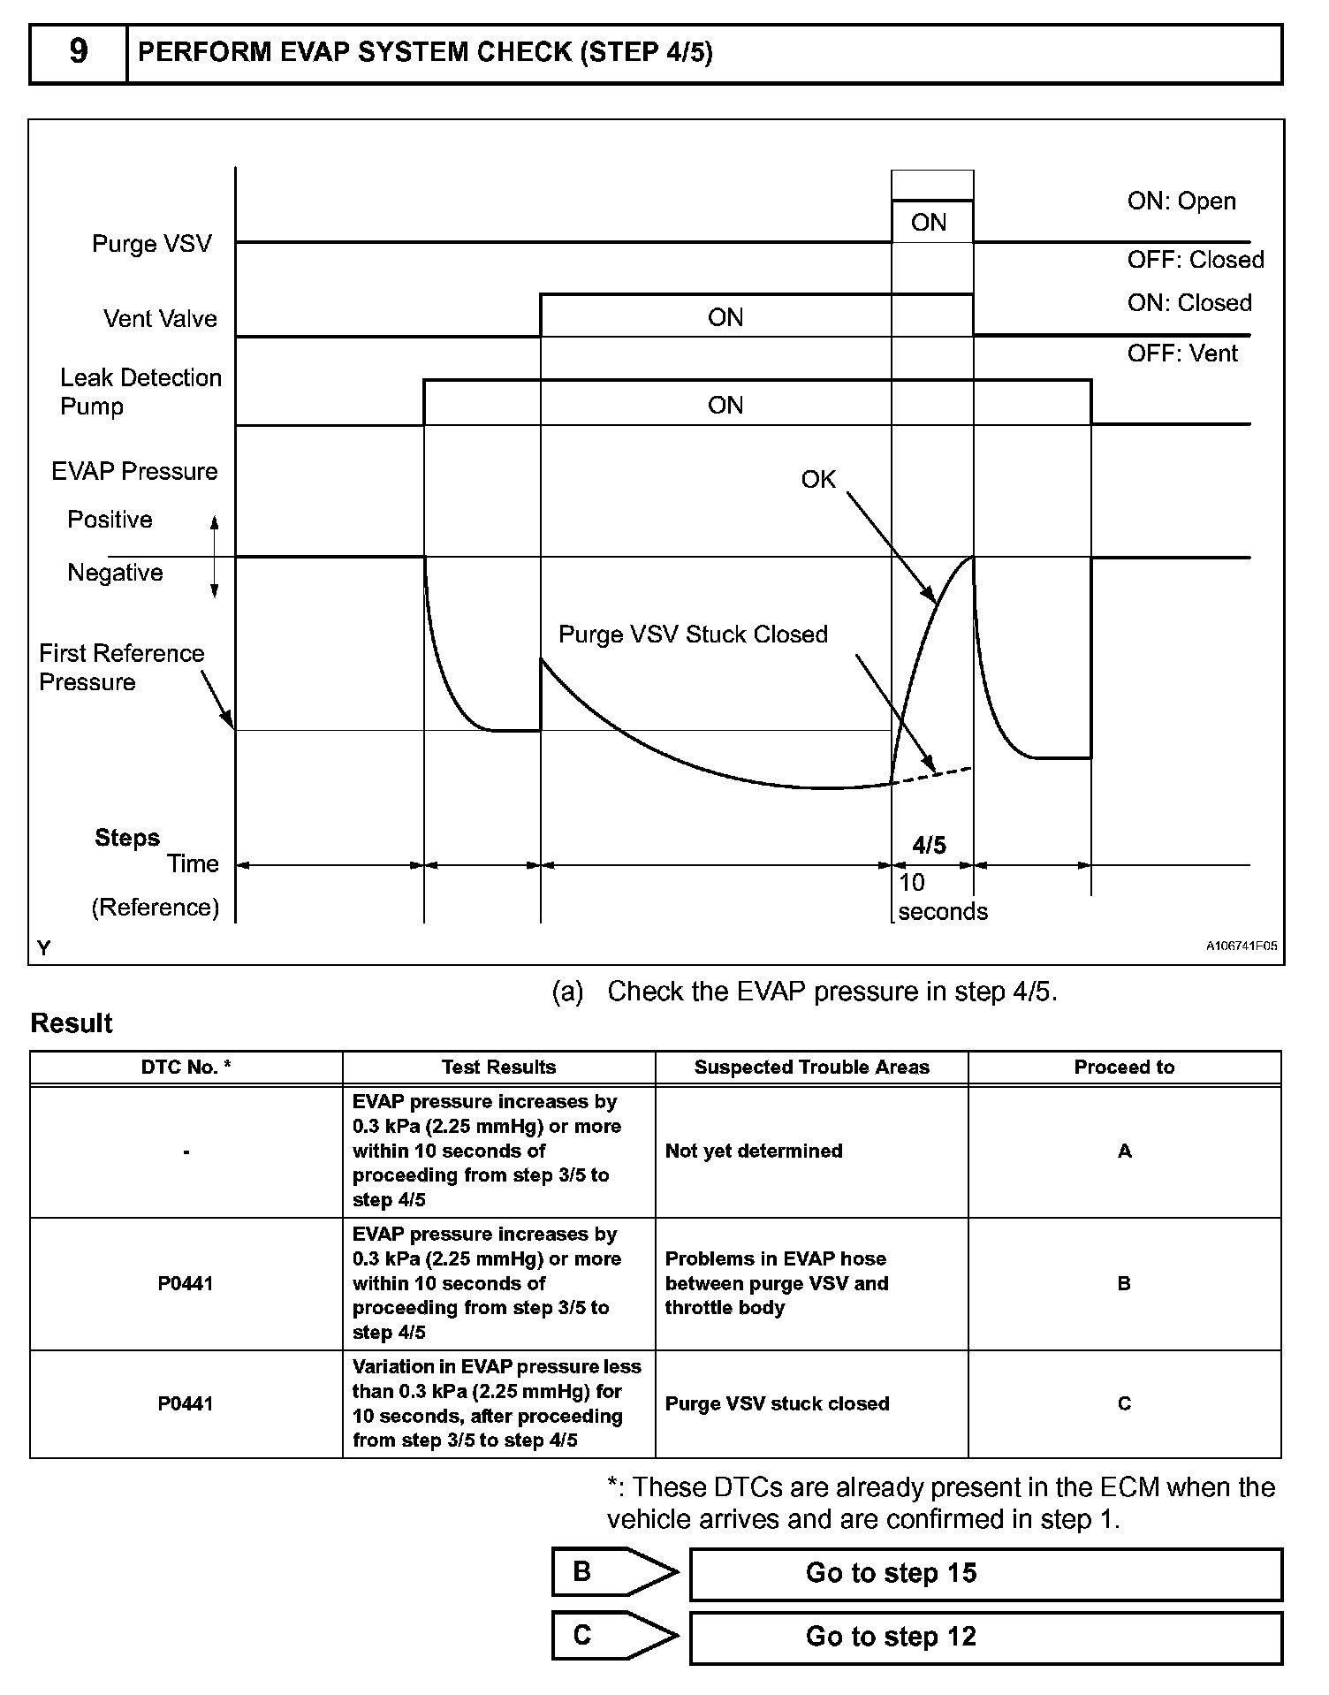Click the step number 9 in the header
tap(78, 52)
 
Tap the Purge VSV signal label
tap(152, 244)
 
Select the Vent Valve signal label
tap(160, 318)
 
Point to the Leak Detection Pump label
tap(140, 391)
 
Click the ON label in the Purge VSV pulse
tap(929, 223)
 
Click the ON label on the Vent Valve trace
tap(725, 317)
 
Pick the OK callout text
tap(818, 479)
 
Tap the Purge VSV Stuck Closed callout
tap(693, 635)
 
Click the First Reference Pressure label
tap(121, 667)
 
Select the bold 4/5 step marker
tap(929, 846)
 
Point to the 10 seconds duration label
tap(942, 897)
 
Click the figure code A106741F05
tap(1242, 946)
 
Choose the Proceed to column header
tap(1124, 1068)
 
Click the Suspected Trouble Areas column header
tap(811, 1068)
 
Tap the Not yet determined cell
tap(754, 1151)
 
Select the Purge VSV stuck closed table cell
tap(777, 1403)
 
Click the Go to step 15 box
tap(984, 1573)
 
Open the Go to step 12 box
tap(984, 1637)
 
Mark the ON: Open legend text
tap(1181, 201)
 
